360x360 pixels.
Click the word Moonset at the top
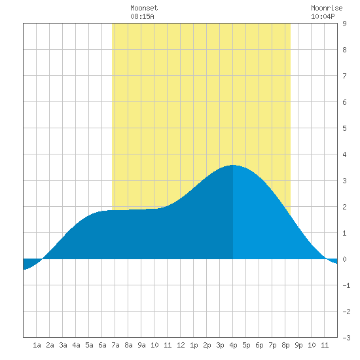click(x=144, y=8)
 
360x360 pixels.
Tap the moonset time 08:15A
click(x=142, y=16)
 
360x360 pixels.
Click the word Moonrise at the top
click(x=327, y=8)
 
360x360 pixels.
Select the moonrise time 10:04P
click(x=323, y=16)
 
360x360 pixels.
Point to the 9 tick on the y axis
click(x=344, y=24)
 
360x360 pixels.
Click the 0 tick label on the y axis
click(x=344, y=259)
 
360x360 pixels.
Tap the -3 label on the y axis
click(x=346, y=338)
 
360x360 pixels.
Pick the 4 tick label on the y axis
click(x=344, y=154)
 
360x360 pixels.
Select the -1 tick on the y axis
click(x=346, y=285)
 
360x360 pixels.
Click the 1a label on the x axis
click(x=37, y=345)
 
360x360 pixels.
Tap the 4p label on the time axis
click(x=233, y=345)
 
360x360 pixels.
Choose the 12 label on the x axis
click(x=181, y=345)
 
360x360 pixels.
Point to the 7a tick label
click(x=115, y=345)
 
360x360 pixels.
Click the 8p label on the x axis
click(x=285, y=345)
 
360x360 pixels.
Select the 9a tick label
click(x=141, y=345)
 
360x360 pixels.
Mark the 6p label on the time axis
click(x=259, y=345)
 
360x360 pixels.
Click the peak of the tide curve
click(x=233, y=165)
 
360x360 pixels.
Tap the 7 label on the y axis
click(x=344, y=76)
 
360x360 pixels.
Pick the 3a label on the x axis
click(x=63, y=345)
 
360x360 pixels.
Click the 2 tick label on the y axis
click(x=344, y=207)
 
